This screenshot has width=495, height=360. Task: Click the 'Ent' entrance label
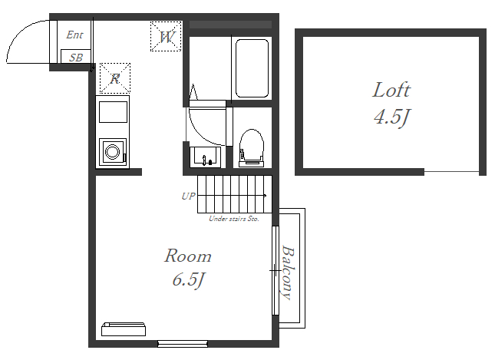pyautogui.click(x=74, y=35)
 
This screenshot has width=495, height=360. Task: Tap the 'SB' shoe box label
pyautogui.click(x=76, y=58)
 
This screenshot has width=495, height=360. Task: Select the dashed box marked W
pyautogui.click(x=166, y=36)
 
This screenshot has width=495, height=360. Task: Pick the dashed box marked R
pyautogui.click(x=115, y=78)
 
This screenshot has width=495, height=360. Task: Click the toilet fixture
pyautogui.click(x=252, y=148)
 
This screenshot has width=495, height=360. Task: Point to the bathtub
pyautogui.click(x=252, y=68)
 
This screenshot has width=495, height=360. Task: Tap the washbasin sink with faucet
pyautogui.click(x=205, y=157)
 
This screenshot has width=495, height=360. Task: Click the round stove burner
pyautogui.click(x=112, y=151)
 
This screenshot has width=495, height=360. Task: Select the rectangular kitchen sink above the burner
pyautogui.click(x=113, y=112)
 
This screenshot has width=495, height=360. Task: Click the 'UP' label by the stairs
pyautogui.click(x=189, y=196)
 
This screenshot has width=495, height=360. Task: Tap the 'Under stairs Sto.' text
pyautogui.click(x=234, y=219)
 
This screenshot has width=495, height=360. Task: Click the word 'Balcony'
pyautogui.click(x=289, y=272)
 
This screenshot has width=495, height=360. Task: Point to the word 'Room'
pyautogui.click(x=188, y=256)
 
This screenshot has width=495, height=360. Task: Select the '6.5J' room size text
pyautogui.click(x=189, y=280)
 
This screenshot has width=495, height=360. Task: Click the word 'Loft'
pyautogui.click(x=391, y=90)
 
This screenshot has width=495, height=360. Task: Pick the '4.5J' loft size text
pyautogui.click(x=391, y=117)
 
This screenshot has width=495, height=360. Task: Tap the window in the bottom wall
pyautogui.click(x=183, y=344)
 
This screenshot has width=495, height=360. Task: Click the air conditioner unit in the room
pyautogui.click(x=124, y=329)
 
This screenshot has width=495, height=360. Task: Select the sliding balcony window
pyautogui.click(x=276, y=270)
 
